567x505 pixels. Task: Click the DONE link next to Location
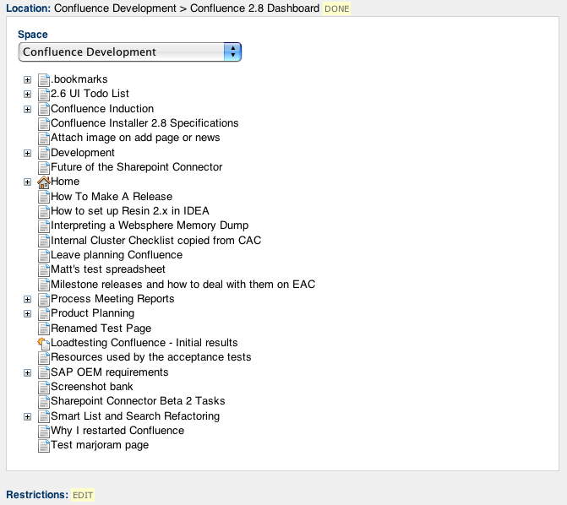(336, 8)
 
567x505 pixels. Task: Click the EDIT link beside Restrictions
(83, 495)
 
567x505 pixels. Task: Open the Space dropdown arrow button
(232, 52)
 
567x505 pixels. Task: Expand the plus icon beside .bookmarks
(28, 79)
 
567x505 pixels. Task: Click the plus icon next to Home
(28, 182)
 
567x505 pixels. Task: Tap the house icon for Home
(43, 182)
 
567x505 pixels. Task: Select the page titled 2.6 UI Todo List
(90, 94)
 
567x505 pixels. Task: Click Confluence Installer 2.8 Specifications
(144, 123)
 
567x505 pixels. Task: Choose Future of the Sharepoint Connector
(136, 167)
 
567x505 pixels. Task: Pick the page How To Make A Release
(112, 197)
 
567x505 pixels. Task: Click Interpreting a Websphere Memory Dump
(150, 225)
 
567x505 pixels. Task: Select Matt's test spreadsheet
(108, 269)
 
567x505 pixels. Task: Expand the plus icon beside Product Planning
(28, 314)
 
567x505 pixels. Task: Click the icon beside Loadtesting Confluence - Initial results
(43, 343)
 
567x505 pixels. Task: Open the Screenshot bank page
(92, 387)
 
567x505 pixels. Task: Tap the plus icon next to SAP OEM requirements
(28, 372)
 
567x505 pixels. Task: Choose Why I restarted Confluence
(117, 431)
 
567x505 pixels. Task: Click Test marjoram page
(100, 445)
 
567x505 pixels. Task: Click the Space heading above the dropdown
(33, 35)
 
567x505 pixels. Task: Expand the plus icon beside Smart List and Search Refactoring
(28, 417)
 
